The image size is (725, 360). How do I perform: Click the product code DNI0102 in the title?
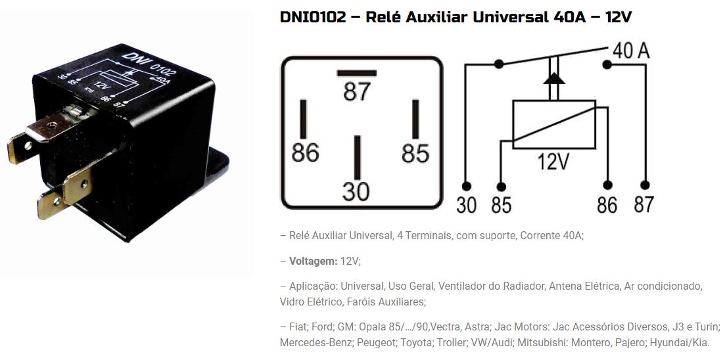pyautogui.click(x=313, y=18)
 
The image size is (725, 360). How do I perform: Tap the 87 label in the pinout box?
pyautogui.click(x=357, y=91)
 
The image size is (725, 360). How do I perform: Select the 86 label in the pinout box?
pyautogui.click(x=305, y=152)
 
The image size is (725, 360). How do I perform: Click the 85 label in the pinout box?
pyautogui.click(x=415, y=153)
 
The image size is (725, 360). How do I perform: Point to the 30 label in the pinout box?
pyautogui.click(x=356, y=191)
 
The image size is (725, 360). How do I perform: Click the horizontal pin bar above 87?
pyautogui.click(x=356, y=73)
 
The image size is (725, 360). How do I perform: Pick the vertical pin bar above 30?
pyautogui.click(x=357, y=158)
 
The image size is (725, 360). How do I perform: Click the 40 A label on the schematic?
pyautogui.click(x=631, y=51)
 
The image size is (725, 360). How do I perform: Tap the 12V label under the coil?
pyautogui.click(x=553, y=162)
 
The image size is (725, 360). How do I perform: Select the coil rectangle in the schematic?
pyautogui.click(x=554, y=124)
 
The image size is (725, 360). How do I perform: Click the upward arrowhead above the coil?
pyautogui.click(x=554, y=78)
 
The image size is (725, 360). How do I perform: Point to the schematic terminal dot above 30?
pyautogui.click(x=466, y=186)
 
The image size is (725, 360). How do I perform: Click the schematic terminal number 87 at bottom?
pyautogui.click(x=644, y=204)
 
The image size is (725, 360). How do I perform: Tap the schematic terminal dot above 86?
pyautogui.click(x=607, y=185)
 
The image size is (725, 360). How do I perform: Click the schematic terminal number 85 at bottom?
pyautogui.click(x=502, y=205)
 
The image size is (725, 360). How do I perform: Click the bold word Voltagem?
pyautogui.click(x=314, y=261)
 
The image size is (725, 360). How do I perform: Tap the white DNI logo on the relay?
pyautogui.click(x=131, y=60)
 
